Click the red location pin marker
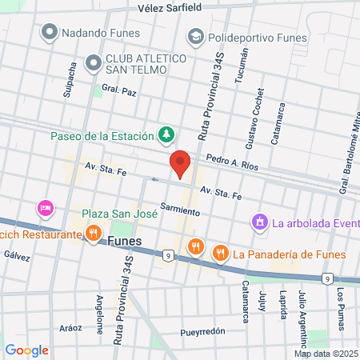click(x=182, y=164)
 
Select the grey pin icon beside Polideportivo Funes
click(x=194, y=37)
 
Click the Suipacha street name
click(x=68, y=81)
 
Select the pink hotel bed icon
click(x=45, y=208)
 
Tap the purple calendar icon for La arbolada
click(x=259, y=221)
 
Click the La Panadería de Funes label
click(x=290, y=254)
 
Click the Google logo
click(x=27, y=350)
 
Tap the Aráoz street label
click(x=71, y=328)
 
